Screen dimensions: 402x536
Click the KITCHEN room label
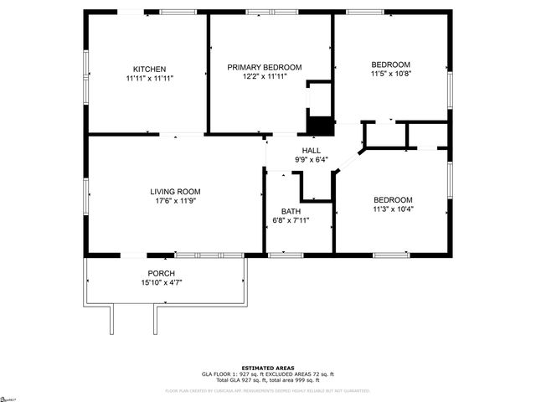point(149,69)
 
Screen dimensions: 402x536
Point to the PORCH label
point(162,273)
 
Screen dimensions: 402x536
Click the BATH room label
point(291,211)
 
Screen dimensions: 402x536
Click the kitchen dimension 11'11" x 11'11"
point(149,78)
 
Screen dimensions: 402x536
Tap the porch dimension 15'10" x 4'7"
point(162,282)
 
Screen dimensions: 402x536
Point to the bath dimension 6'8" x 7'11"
point(291,220)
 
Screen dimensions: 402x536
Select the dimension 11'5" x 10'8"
point(391,75)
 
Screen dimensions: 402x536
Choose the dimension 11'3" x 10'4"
point(393,209)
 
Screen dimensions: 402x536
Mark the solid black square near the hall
point(319,126)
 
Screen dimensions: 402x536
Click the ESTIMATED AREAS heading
point(267,368)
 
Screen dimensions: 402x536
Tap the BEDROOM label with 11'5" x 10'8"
point(391,65)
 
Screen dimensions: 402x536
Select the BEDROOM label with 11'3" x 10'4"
point(393,199)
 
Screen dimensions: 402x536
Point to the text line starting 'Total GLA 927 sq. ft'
point(267,379)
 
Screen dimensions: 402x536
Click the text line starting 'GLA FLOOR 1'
point(267,374)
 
